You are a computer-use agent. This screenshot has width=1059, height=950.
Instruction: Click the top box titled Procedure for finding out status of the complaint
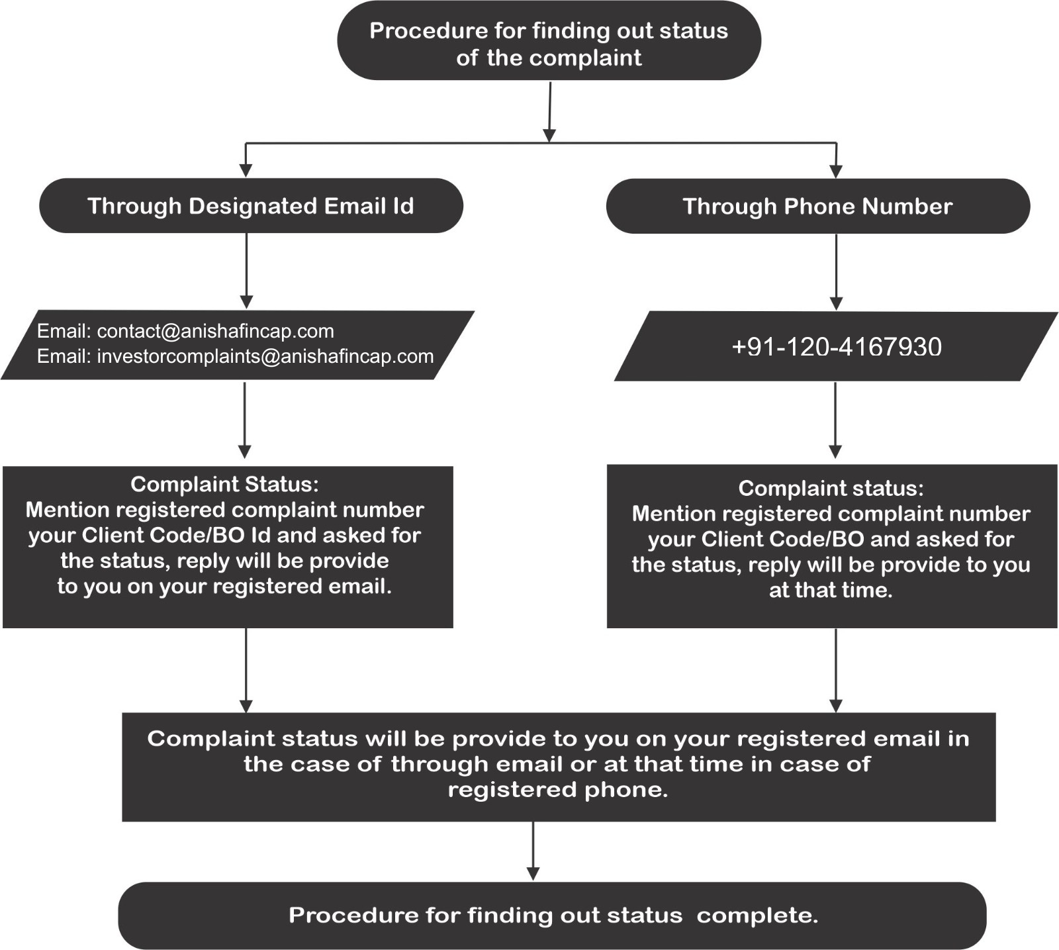click(x=549, y=41)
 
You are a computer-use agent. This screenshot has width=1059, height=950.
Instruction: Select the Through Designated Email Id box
click(x=251, y=205)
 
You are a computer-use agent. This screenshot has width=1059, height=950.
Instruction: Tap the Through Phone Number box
click(x=818, y=206)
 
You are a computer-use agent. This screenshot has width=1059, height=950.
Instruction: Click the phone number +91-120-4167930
click(x=837, y=347)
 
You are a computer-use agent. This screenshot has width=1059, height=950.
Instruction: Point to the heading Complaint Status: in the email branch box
click(x=224, y=484)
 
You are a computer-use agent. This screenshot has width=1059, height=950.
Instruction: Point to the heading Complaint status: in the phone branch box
click(x=831, y=488)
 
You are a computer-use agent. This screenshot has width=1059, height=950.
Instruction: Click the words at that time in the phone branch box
click(x=831, y=590)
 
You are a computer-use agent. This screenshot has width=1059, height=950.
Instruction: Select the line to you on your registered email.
click(x=224, y=587)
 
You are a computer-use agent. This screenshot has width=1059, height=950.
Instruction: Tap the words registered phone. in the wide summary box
click(x=558, y=790)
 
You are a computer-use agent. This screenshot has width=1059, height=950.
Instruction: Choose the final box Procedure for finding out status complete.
click(x=552, y=916)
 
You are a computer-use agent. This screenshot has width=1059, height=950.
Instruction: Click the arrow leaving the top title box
click(x=549, y=111)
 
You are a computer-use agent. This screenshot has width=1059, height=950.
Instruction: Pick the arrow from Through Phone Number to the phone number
click(x=836, y=272)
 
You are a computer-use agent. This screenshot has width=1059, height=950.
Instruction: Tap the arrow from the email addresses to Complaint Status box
click(x=245, y=420)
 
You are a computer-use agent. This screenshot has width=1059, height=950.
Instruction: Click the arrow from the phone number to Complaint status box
click(x=835, y=420)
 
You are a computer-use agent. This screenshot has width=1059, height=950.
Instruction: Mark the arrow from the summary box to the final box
click(x=533, y=851)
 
